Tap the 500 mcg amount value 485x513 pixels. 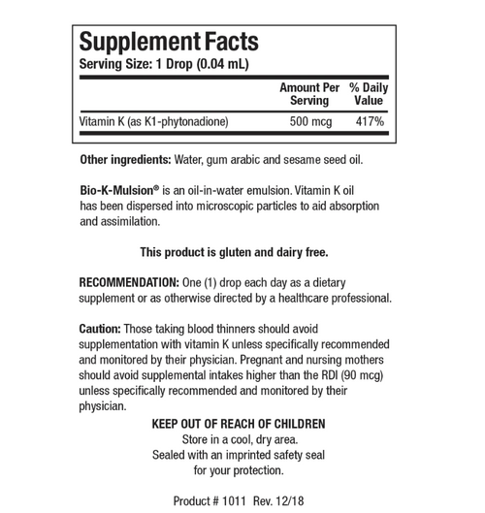coord(309,122)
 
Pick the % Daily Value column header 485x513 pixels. coord(368,93)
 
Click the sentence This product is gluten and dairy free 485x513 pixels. coord(234,252)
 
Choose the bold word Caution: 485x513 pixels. coord(100,329)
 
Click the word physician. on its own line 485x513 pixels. coord(103,406)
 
